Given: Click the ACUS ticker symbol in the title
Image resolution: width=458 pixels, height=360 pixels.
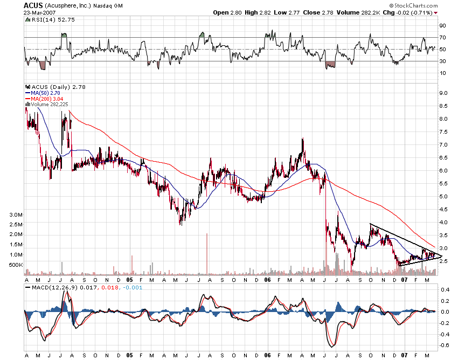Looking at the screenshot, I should (33, 5).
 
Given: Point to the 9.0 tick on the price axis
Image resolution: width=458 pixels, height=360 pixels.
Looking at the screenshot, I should (444, 93).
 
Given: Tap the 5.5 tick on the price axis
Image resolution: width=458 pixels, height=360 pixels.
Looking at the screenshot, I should (444, 183).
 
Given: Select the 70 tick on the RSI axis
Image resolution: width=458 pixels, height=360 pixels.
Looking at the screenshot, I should (442, 37).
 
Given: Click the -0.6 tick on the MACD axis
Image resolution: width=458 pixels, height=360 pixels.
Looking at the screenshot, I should (445, 345).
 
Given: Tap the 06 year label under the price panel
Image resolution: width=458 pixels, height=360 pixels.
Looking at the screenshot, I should (268, 280).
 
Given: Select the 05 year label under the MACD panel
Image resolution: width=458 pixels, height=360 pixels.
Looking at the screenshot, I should (129, 356).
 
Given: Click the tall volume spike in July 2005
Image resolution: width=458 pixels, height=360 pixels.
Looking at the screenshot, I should (206, 253).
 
